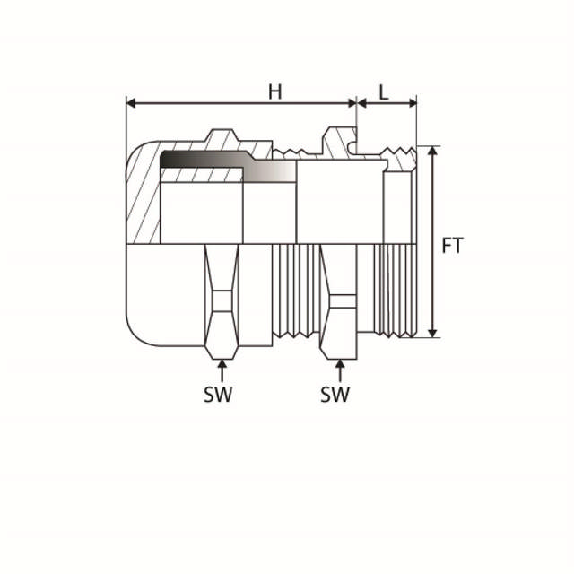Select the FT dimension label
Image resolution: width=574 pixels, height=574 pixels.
(453, 245)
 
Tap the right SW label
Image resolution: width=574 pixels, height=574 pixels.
(335, 394)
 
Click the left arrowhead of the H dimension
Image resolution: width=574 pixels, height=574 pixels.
(131, 103)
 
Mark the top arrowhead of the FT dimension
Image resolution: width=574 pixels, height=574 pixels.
(433, 151)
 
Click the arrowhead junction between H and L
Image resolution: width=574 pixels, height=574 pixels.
(357, 103)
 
